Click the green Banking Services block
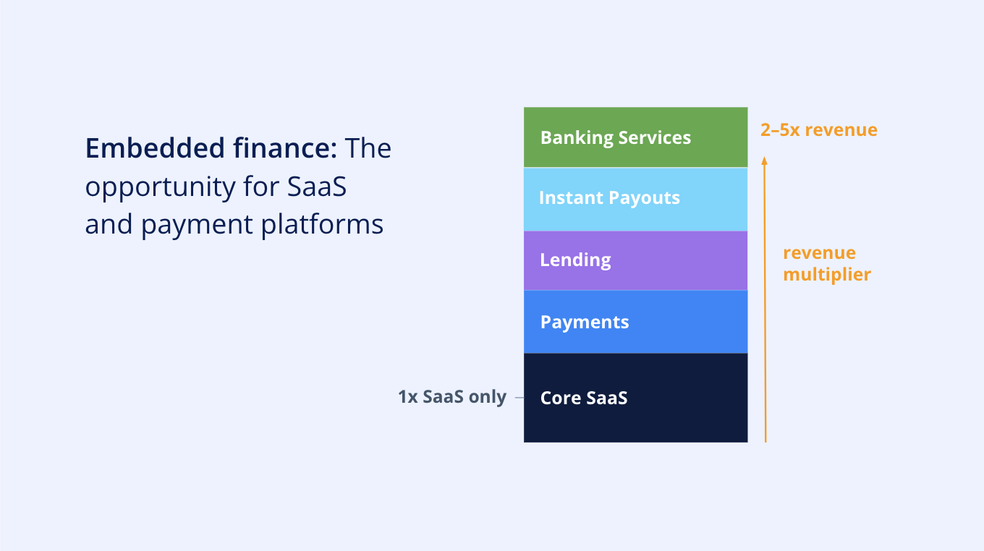(636, 137)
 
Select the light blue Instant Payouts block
(636, 200)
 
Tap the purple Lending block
(636, 261)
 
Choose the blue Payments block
(636, 322)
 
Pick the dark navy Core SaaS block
(636, 398)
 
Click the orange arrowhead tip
(764, 157)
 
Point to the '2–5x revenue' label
(819, 130)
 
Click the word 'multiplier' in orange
(827, 275)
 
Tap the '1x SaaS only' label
(452, 397)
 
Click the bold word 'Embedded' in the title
(155, 148)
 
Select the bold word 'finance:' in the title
(285, 148)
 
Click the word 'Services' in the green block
(655, 138)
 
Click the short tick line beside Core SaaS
(519, 397)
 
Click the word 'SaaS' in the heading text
(317, 187)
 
